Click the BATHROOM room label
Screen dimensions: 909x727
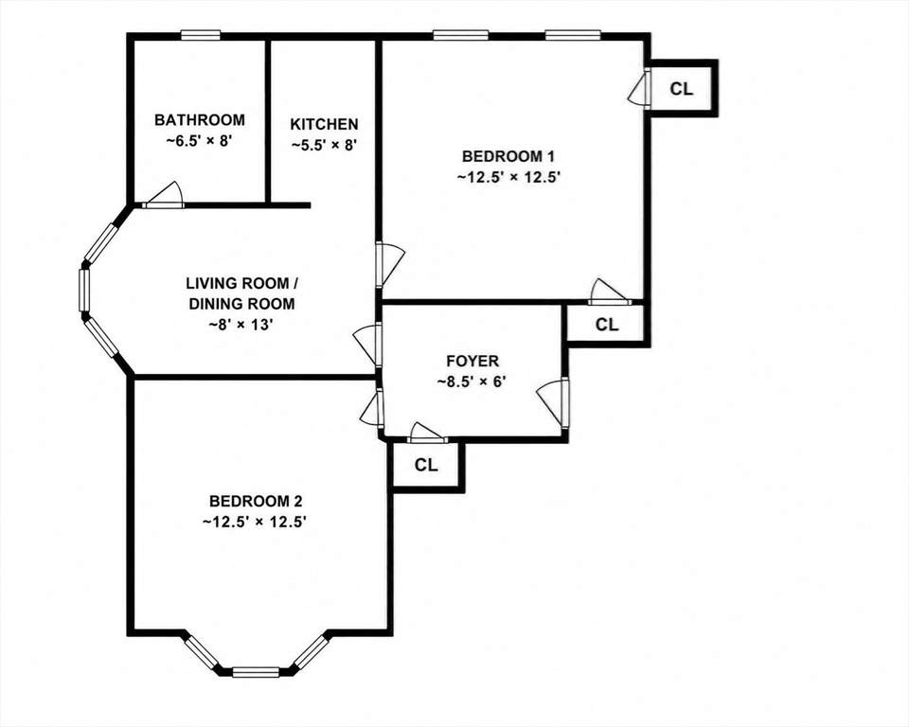(x=200, y=120)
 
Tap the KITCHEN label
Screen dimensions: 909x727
(x=324, y=124)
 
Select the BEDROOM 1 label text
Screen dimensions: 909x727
(x=508, y=156)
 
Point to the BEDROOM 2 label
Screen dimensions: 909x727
(x=256, y=501)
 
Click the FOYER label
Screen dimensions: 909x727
(x=472, y=362)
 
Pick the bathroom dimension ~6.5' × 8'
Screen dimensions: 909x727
(x=200, y=141)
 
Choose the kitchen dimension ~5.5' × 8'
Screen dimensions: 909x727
(x=323, y=145)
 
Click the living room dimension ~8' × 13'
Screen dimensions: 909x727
(x=241, y=325)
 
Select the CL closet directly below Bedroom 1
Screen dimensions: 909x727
(x=607, y=325)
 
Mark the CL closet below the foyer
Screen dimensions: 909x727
(x=426, y=465)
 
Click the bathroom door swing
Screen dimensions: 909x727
(x=164, y=195)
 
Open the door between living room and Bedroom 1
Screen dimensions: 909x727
(x=389, y=265)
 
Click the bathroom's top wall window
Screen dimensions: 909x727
(x=200, y=35)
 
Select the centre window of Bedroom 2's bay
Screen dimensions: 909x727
(x=256, y=672)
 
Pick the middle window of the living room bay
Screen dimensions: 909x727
(x=84, y=291)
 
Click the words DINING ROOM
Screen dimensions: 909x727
(x=241, y=304)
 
